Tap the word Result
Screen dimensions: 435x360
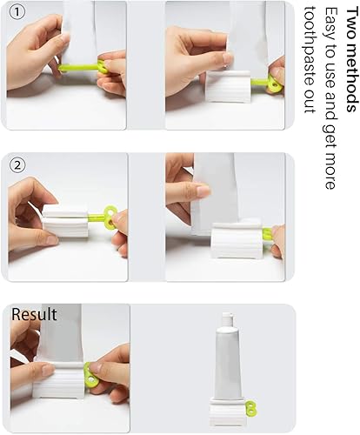(35, 314)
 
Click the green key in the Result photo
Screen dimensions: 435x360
(90, 377)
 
